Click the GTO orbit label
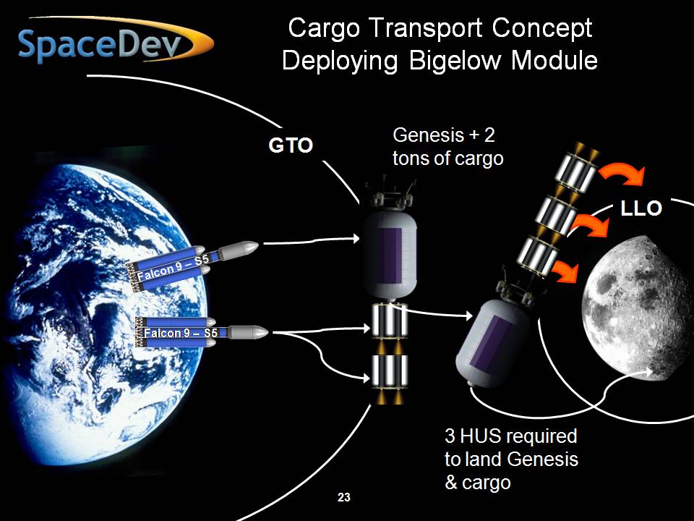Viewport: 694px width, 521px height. (x=291, y=145)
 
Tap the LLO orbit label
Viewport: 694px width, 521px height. (x=641, y=208)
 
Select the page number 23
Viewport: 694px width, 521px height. (x=344, y=498)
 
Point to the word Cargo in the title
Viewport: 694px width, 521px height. (x=324, y=27)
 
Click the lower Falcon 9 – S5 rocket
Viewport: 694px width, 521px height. (x=202, y=332)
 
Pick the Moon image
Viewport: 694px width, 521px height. (x=638, y=308)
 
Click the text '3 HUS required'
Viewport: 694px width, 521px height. (x=511, y=436)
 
